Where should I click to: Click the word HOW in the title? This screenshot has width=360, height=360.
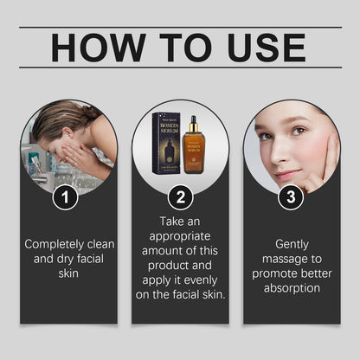click(99, 47)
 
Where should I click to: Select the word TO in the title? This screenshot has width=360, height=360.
click(177, 47)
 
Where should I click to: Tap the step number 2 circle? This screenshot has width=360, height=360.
click(180, 198)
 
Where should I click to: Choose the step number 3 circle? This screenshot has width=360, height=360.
click(291, 198)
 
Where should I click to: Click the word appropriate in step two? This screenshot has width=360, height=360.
click(180, 236)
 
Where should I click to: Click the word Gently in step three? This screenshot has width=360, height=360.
click(292, 244)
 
